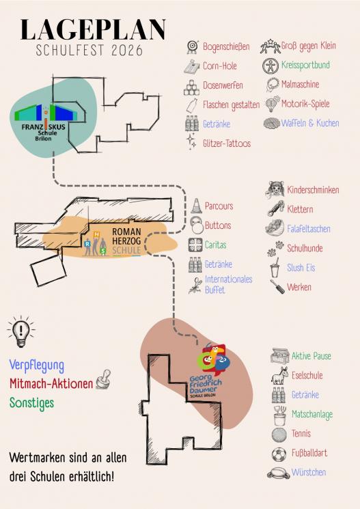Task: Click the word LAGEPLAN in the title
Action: coord(93,29)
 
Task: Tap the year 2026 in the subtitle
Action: coord(127,51)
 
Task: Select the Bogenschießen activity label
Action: coord(226,46)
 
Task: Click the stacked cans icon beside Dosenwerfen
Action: coord(191,87)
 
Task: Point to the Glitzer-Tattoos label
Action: coord(227,143)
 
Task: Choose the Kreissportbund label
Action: coord(305,65)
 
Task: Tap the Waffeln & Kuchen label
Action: coord(310,123)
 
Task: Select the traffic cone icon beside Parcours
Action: coord(196,206)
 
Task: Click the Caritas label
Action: coord(215,245)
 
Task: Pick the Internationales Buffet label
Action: coord(229,284)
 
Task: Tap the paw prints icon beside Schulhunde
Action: coord(275,249)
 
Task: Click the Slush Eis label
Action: coord(301,268)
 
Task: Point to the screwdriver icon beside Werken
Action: coord(277,287)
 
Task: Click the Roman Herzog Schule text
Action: coord(126,241)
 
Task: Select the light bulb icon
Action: coord(21,331)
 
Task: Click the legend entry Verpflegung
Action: coord(36,366)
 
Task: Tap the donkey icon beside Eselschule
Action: coord(279,376)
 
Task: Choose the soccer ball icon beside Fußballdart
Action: coord(279,454)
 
